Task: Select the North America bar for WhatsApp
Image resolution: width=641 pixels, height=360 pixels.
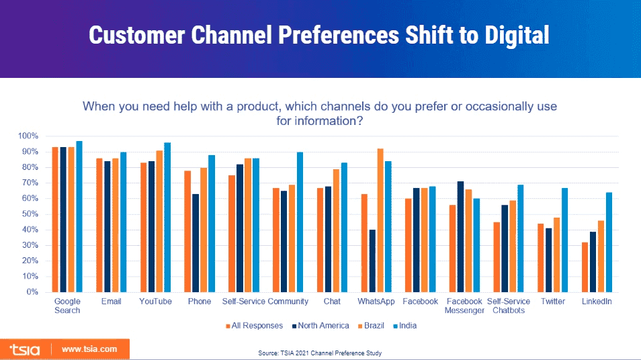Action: point(371,261)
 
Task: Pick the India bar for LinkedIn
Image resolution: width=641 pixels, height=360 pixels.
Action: point(609,242)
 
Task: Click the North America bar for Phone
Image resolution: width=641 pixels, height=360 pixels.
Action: point(194,242)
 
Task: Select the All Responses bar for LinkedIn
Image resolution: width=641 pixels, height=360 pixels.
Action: point(585,267)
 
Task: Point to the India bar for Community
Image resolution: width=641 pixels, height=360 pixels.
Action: point(300,222)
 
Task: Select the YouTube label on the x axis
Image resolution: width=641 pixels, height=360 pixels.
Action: point(155,302)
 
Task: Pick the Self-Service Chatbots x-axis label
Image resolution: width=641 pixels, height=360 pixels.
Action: point(509,306)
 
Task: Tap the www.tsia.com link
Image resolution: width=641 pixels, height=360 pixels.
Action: point(89,349)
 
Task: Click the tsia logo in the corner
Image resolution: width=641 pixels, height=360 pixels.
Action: point(25,349)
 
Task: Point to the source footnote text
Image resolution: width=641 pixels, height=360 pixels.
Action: point(320,353)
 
